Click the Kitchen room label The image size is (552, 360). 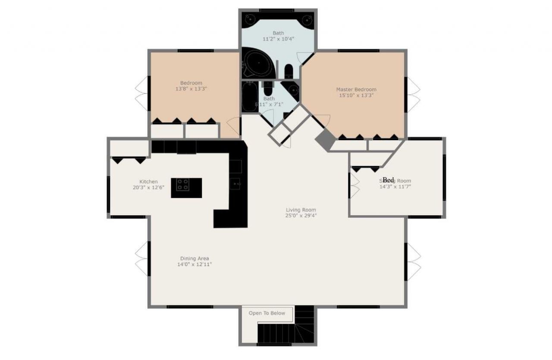pyautogui.click(x=148, y=182)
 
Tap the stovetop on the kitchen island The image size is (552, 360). pyautogui.click(x=182, y=185)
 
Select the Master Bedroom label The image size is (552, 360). pyautogui.click(x=356, y=90)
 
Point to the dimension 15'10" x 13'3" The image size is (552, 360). pyautogui.click(x=356, y=96)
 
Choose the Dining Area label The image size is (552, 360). pyautogui.click(x=194, y=259)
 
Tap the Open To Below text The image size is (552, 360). pyautogui.click(x=267, y=313)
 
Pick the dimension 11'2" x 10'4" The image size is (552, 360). pyautogui.click(x=278, y=39)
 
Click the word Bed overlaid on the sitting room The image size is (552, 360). pyautogui.click(x=388, y=180)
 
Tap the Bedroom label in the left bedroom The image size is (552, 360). pyautogui.click(x=191, y=83)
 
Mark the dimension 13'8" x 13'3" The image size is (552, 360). pyautogui.click(x=191, y=89)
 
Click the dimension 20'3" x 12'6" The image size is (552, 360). pyautogui.click(x=148, y=188)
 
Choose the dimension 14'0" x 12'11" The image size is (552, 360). pyautogui.click(x=194, y=265)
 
